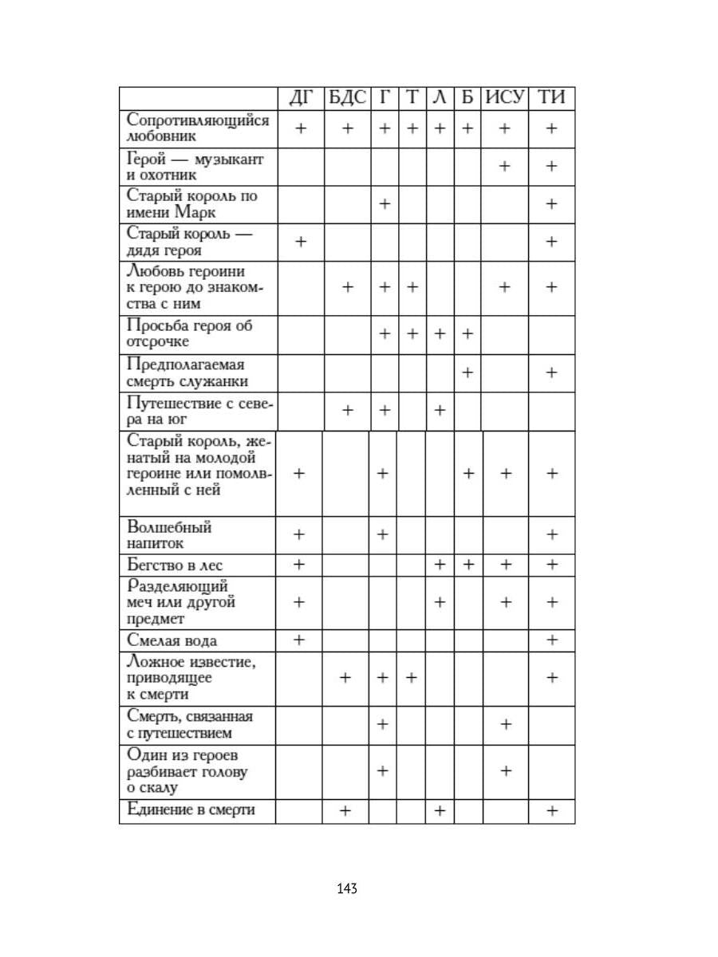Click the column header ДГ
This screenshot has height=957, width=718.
pyautogui.click(x=301, y=98)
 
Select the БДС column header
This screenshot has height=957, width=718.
pyautogui.click(x=347, y=98)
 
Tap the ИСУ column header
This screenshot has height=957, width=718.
pyautogui.click(x=505, y=98)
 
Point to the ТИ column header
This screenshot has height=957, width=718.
pyautogui.click(x=551, y=98)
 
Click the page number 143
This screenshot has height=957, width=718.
pyautogui.click(x=347, y=888)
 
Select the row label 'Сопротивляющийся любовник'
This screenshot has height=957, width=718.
pyautogui.click(x=198, y=128)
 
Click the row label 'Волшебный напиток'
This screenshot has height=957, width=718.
pyautogui.click(x=170, y=535)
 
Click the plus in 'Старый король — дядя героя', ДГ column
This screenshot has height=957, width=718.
pyautogui.click(x=301, y=242)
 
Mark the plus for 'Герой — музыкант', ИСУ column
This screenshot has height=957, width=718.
pyautogui.click(x=504, y=166)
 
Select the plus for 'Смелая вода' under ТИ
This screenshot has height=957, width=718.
pyautogui.click(x=551, y=640)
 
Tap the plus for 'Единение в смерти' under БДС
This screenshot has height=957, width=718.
pyautogui.click(x=346, y=811)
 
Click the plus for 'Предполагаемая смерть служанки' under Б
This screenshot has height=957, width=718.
pyautogui.click(x=467, y=372)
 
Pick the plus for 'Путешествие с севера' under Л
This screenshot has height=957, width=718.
pyautogui.click(x=439, y=410)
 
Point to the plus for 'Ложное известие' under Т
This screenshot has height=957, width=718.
pyautogui.click(x=412, y=678)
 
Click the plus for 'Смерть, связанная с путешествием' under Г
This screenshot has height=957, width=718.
pyautogui.click(x=383, y=724)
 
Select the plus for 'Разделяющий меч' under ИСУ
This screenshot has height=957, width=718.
pyautogui.click(x=504, y=602)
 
